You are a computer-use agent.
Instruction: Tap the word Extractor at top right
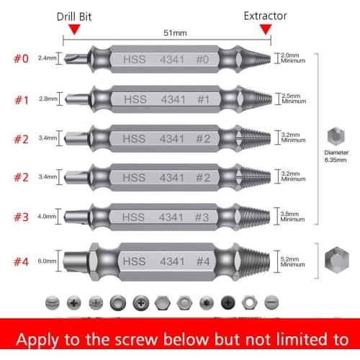265,15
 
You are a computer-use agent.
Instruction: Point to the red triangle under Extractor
266,29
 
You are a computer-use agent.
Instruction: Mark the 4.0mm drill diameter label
47,215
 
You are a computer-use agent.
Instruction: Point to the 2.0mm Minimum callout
292,58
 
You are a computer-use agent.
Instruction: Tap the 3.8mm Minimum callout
293,215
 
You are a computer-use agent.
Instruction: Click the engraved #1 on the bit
203,99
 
